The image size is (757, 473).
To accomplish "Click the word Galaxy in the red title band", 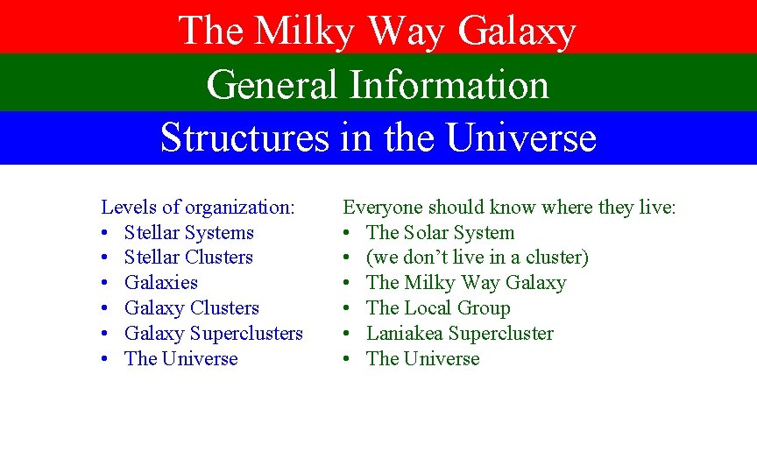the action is coord(517,32).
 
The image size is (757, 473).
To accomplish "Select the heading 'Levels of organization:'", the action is coord(198,208).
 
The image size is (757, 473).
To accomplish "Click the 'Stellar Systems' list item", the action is coord(188,233).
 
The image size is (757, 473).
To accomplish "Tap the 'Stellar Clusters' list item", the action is coord(188,258).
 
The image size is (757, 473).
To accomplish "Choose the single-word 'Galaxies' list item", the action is coord(161,283).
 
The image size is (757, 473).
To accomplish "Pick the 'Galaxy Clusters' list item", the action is coord(192,308).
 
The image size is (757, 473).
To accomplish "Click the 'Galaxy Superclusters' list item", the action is coord(214,334).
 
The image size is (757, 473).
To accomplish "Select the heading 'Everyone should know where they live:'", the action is coord(509,208).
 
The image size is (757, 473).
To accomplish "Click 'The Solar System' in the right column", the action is coord(440,233).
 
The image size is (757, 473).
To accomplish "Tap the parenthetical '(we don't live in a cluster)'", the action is coord(478,258).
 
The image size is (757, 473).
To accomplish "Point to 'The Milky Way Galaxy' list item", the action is coord(466,283).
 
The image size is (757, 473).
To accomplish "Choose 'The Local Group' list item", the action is coord(438,308).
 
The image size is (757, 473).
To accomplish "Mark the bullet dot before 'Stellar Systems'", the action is coord(105,234).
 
